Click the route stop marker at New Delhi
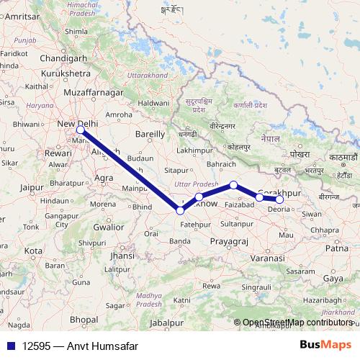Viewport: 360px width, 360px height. [x=81, y=130]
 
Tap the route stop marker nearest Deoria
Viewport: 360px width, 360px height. [x=280, y=199]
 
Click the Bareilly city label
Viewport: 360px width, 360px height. [x=150, y=134]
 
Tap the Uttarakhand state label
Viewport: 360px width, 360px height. [x=149, y=75]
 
